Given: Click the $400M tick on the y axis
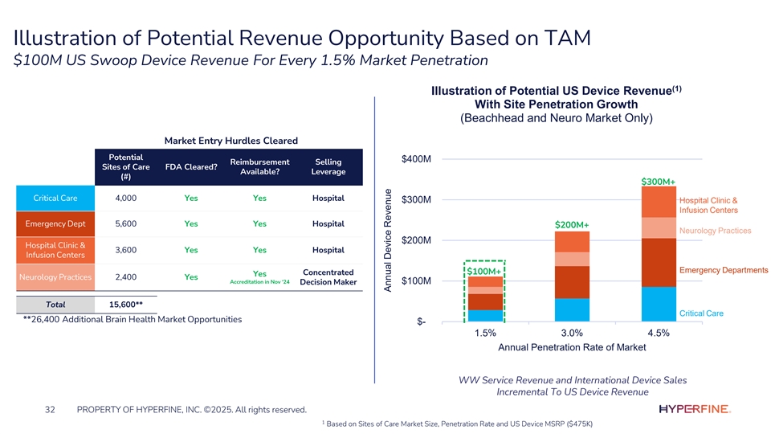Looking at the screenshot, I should click(x=417, y=159).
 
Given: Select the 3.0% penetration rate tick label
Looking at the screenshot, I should click(x=572, y=333).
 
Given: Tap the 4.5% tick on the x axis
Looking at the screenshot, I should click(x=658, y=333).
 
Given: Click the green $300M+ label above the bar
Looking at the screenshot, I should click(x=659, y=181).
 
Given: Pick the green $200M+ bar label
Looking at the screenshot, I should click(x=572, y=224).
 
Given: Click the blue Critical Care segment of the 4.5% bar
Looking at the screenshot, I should click(x=658, y=304).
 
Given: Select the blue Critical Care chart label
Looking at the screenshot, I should click(x=701, y=313).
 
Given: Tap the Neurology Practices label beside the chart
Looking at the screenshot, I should click(x=715, y=231).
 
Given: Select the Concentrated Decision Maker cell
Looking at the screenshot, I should click(x=327, y=276).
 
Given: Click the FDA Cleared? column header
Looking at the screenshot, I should click(x=191, y=167).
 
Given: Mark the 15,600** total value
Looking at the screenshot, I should click(x=126, y=305).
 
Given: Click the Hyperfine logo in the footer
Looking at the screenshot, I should click(x=694, y=410).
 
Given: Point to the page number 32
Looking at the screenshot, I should click(x=50, y=411).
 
